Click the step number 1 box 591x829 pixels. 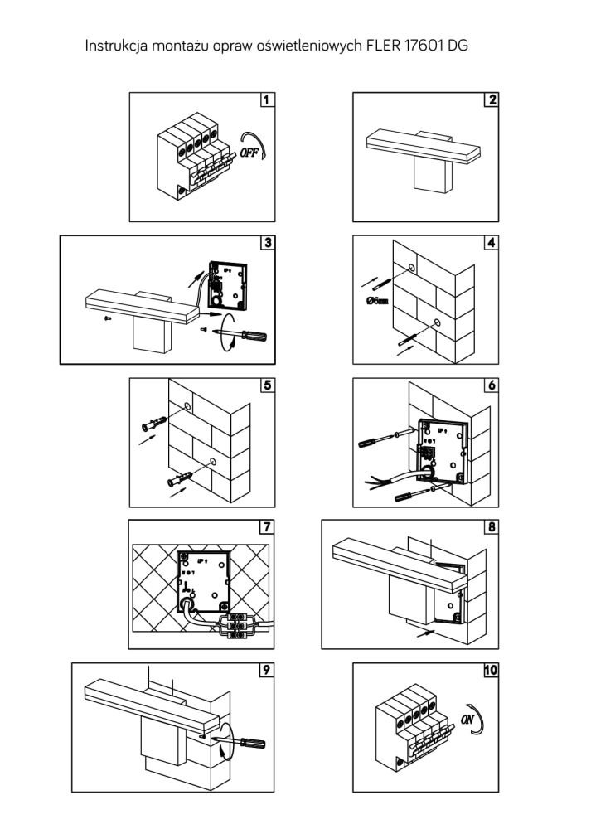[x=265, y=100]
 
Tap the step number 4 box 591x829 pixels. [x=492, y=244]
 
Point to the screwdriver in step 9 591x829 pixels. [x=249, y=744]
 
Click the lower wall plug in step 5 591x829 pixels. [x=182, y=480]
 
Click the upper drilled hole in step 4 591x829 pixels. [x=412, y=267]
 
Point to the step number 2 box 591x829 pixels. [x=492, y=100]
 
